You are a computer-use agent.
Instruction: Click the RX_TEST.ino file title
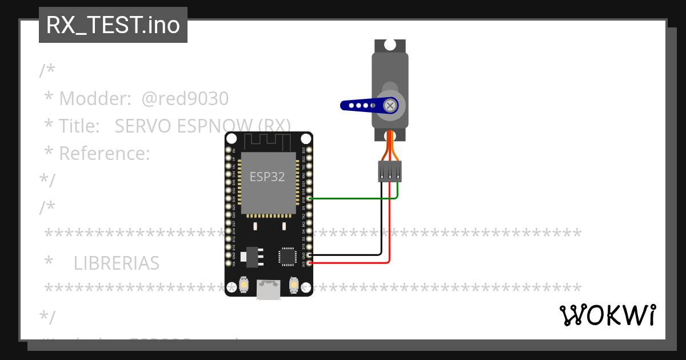pos(113,25)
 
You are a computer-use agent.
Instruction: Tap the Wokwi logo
pos(607,315)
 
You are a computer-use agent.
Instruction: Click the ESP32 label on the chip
pos(268,177)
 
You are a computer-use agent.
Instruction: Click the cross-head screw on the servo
pos(390,105)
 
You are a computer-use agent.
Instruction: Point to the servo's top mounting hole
pos(390,45)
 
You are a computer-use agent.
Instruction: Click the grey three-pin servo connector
pos(390,171)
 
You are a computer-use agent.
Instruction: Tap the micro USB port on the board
pos(268,290)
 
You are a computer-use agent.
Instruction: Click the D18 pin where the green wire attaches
pos(310,198)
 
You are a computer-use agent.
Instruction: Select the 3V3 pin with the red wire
pos(310,263)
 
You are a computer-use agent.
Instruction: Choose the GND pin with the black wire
pos(310,255)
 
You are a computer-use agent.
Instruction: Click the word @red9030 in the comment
pos(185,99)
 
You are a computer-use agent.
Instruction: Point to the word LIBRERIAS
pos(117,263)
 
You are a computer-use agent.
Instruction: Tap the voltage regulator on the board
pos(251,257)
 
